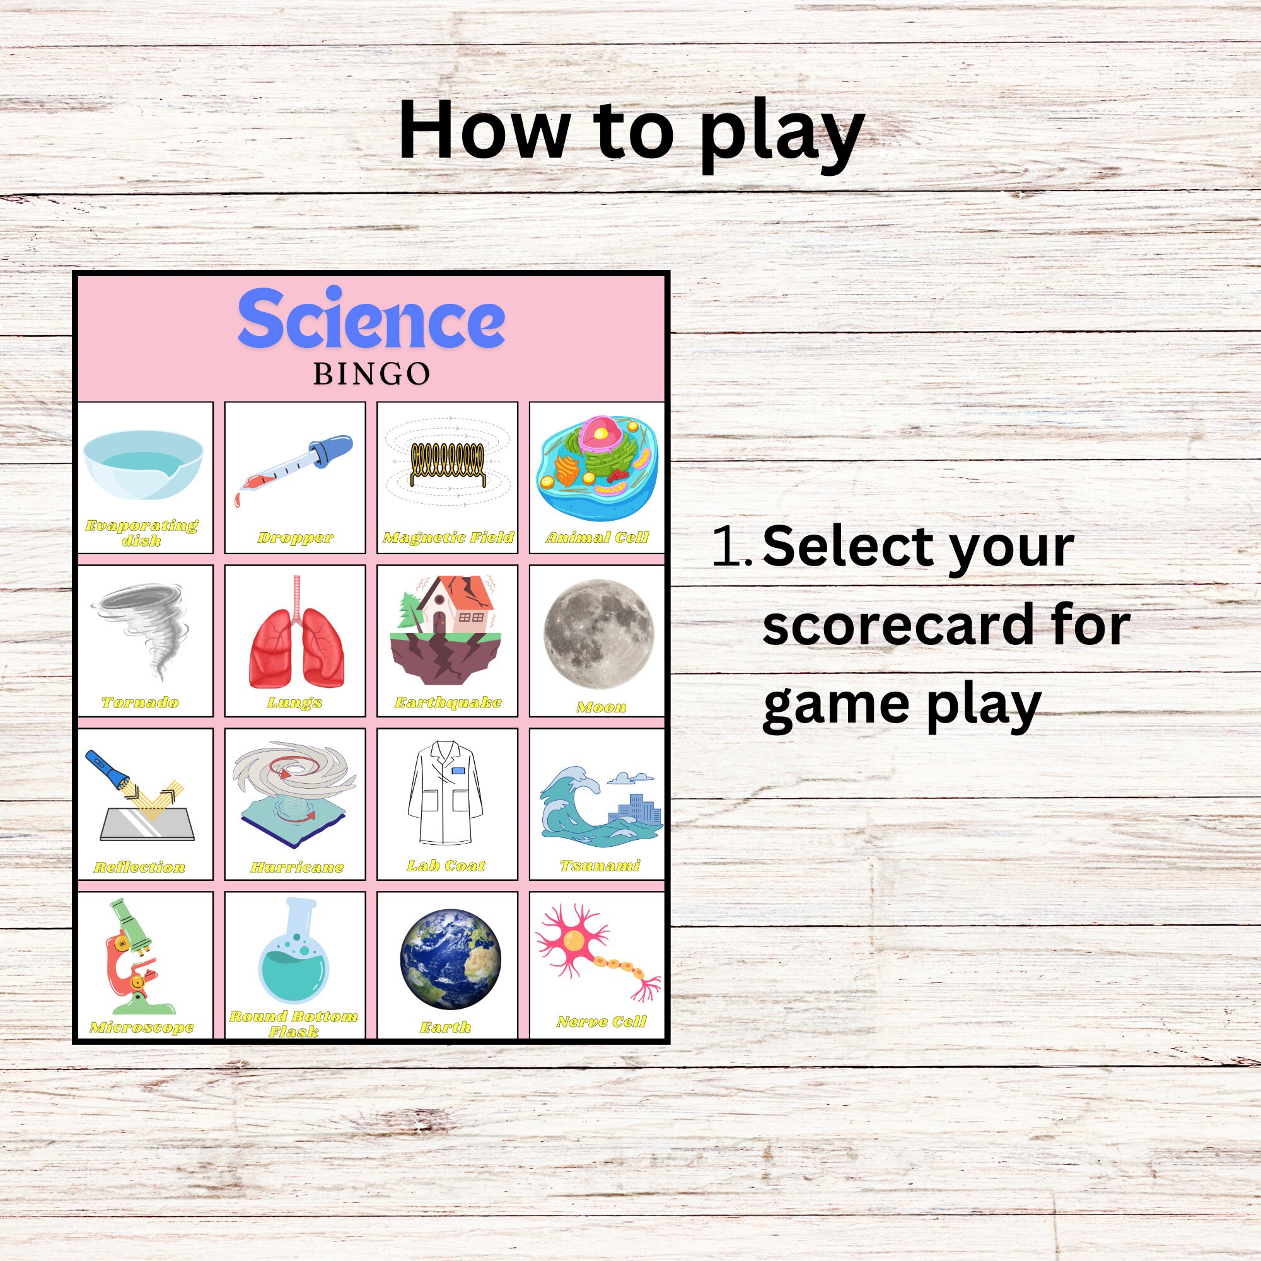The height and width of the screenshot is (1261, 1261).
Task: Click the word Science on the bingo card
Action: point(371,319)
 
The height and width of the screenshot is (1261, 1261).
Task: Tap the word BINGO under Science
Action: point(371,374)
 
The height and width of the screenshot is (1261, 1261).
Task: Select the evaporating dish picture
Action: point(144,464)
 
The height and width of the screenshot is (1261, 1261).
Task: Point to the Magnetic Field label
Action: point(448,537)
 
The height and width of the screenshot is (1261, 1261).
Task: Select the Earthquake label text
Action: point(448,702)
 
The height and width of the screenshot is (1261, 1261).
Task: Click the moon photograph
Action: point(598,634)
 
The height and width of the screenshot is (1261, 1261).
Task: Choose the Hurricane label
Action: point(297,868)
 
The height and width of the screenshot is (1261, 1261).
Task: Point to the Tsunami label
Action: point(600,866)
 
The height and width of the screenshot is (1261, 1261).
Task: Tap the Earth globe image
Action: point(450,958)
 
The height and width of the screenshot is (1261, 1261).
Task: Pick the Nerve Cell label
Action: point(601,1021)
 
